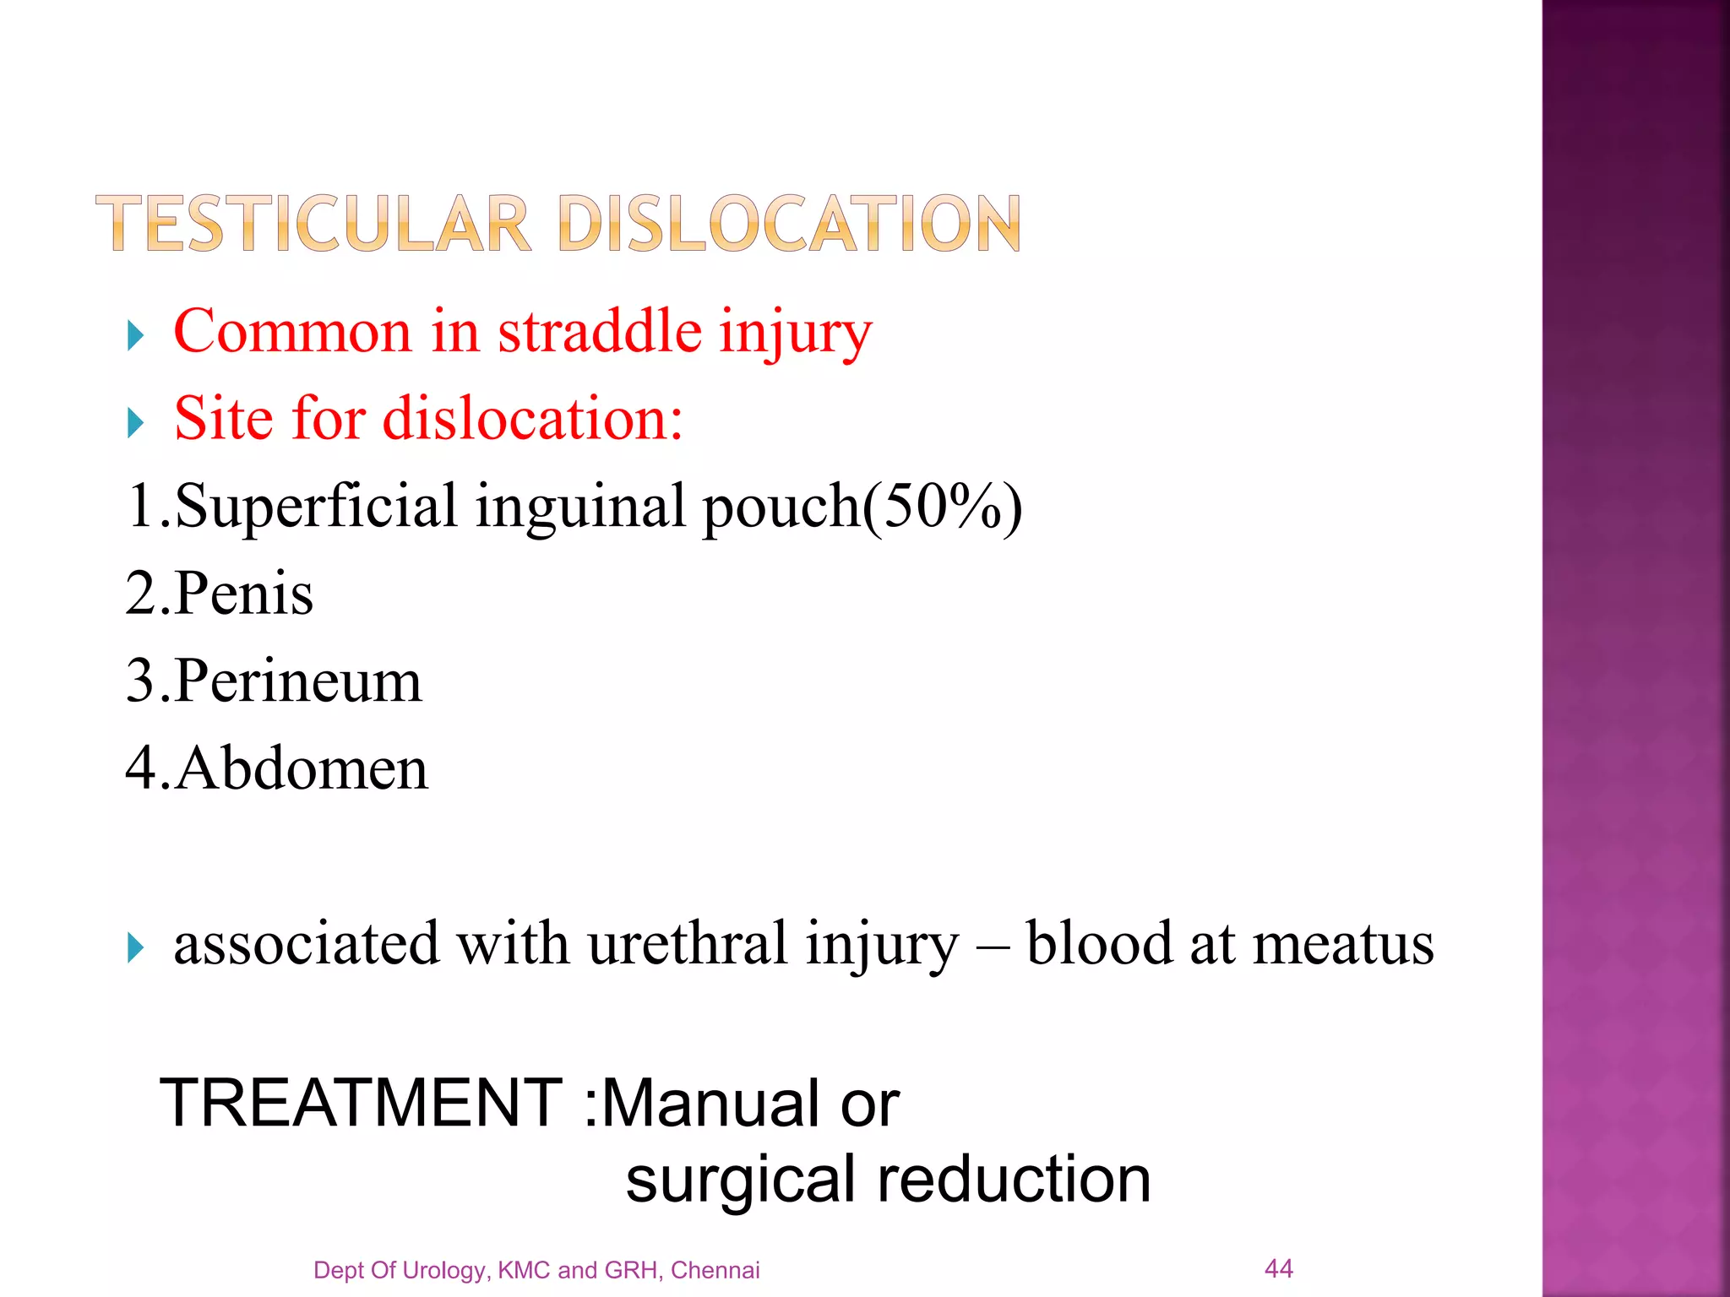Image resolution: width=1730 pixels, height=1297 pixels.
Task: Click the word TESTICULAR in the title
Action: click(x=313, y=224)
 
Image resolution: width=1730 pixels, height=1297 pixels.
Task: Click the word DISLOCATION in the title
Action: click(x=789, y=224)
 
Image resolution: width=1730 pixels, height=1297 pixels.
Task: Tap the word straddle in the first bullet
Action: click(x=599, y=331)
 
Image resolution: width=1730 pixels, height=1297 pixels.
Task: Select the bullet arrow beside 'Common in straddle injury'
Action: click(x=135, y=335)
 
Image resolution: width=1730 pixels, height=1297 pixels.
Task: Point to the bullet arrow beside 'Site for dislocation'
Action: click(x=135, y=422)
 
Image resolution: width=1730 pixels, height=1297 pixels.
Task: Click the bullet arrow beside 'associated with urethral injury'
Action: click(x=135, y=947)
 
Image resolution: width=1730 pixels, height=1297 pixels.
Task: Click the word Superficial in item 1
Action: click(x=317, y=507)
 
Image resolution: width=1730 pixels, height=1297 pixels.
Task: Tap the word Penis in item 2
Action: click(x=244, y=594)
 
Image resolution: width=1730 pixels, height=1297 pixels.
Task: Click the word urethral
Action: click(x=688, y=943)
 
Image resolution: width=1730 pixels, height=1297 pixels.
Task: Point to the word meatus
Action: click(x=1343, y=943)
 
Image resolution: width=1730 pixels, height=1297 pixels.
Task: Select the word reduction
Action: click(x=1014, y=1179)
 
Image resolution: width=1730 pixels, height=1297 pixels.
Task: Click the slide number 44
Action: click(x=1278, y=1267)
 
